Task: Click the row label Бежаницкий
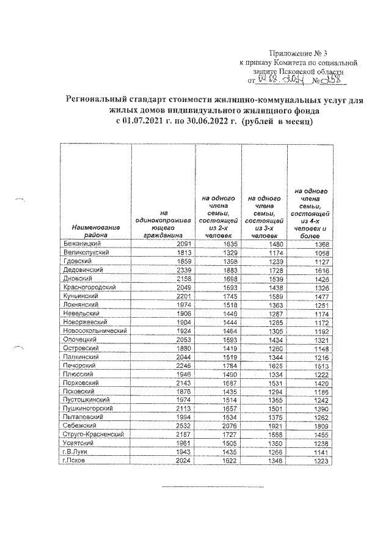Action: coord(83,243)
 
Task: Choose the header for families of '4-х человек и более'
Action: coord(311,214)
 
